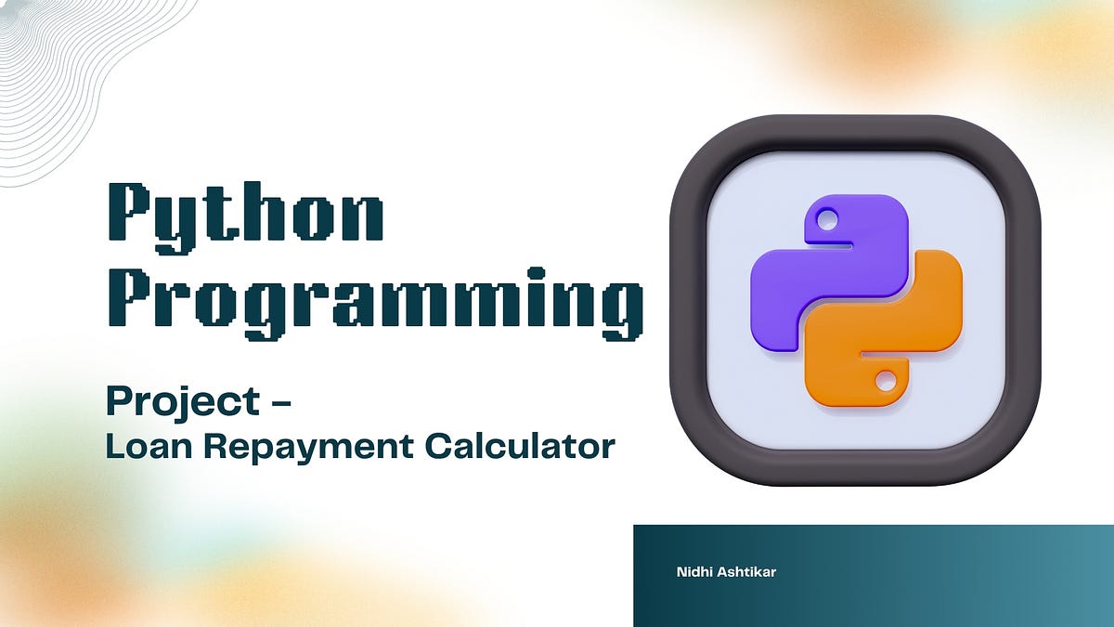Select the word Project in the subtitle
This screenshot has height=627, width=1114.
point(182,402)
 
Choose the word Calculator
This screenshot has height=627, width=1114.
point(520,447)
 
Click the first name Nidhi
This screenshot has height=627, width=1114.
point(694,572)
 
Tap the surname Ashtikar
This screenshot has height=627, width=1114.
point(746,572)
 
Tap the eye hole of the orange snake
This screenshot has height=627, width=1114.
point(886,380)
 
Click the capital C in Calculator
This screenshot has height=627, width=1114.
point(440,447)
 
